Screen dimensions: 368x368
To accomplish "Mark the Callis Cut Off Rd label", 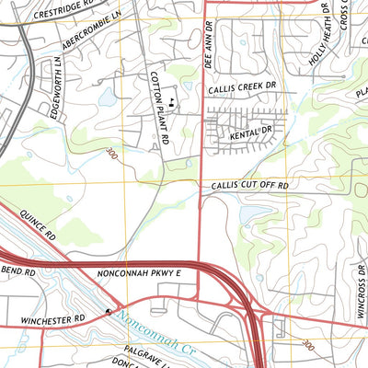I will [x=249, y=186].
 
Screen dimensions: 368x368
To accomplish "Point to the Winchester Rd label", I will [x=52, y=317].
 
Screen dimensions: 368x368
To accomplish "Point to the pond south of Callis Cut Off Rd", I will [x=249, y=213].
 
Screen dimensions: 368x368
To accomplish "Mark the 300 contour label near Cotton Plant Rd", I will [x=112, y=151].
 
